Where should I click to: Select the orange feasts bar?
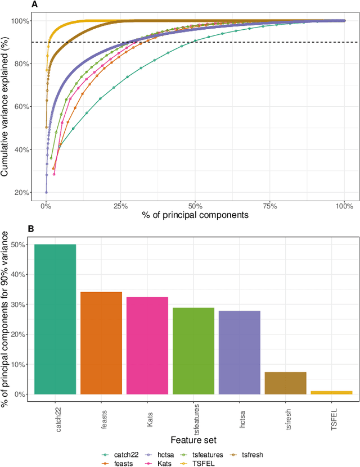[x=101, y=343]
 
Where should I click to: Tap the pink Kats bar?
[x=147, y=346]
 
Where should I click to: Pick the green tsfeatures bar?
[x=193, y=351]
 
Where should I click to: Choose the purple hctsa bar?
[x=239, y=352]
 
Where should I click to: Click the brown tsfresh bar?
[x=285, y=383]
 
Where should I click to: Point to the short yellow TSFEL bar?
[x=331, y=392]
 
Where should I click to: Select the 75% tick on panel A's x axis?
[x=270, y=206]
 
